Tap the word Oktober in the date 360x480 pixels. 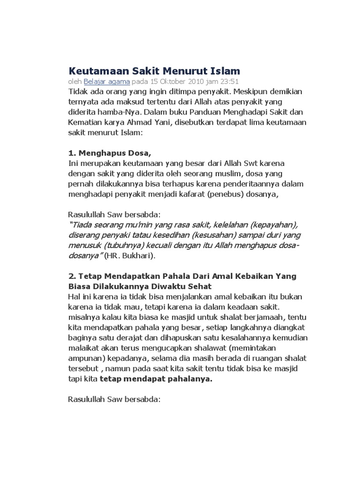(162, 82)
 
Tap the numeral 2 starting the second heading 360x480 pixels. (71, 276)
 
